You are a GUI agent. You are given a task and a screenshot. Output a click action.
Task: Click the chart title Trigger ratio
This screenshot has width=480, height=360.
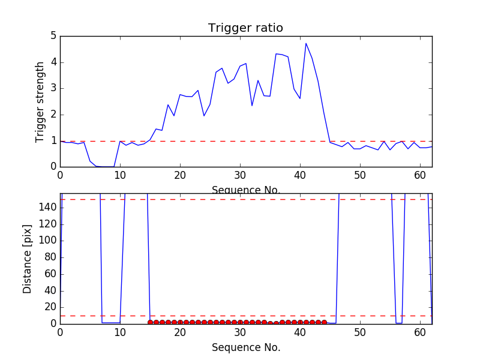coord(245,28)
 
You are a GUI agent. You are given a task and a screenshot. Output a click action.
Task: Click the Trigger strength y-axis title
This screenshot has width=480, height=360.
coord(40,101)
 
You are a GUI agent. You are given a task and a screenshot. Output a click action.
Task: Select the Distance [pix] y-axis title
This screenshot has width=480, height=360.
coord(28,259)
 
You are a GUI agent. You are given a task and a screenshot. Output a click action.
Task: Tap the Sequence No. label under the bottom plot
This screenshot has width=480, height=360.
coord(245,347)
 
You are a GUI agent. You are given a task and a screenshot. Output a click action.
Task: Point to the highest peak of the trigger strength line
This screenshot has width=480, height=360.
coord(306,43)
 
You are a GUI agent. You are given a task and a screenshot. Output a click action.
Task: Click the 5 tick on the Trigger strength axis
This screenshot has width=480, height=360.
coord(53,36)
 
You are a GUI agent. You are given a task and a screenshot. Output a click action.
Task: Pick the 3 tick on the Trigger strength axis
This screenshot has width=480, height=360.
coord(53,88)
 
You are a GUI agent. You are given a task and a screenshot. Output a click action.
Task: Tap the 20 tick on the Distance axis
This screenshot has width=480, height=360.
coord(50,307)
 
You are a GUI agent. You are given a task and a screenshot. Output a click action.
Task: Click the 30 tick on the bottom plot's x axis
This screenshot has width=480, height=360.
coord(240,332)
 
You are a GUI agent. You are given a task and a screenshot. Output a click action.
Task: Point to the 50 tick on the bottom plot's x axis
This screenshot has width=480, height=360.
coord(360,332)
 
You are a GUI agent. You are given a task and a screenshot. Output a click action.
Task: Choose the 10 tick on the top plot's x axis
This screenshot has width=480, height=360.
coord(120,175)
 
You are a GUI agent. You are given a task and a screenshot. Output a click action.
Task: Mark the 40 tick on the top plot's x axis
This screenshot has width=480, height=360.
coord(300,175)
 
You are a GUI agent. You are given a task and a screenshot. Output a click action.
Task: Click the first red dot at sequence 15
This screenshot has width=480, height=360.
coord(150,322)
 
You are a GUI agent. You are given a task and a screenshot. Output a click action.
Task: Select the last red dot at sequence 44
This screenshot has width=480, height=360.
coord(324,322)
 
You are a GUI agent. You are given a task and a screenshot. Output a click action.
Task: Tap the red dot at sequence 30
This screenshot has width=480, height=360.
coord(240,322)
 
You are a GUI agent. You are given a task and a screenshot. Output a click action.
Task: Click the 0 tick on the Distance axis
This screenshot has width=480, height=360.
coord(53,324)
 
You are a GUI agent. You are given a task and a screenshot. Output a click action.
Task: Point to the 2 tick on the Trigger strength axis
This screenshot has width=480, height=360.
coord(53,115)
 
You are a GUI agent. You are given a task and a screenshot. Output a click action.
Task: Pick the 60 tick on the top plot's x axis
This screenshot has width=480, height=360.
coord(420,175)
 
